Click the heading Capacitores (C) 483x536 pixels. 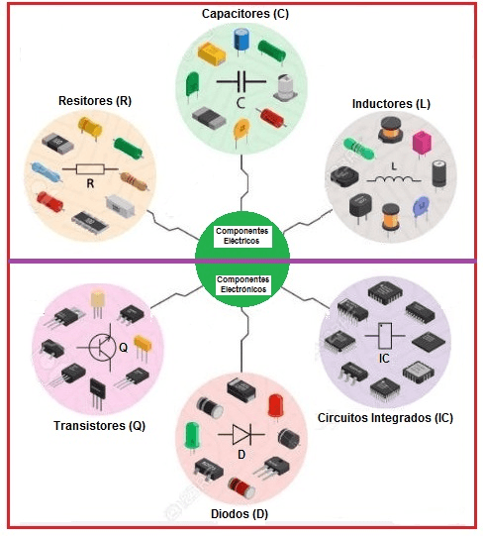245,14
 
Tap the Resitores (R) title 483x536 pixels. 95,101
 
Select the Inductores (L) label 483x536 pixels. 391,104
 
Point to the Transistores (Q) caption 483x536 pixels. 99,426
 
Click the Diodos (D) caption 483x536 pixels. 240,514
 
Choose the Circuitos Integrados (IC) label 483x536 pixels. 385,418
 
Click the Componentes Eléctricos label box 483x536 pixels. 241,236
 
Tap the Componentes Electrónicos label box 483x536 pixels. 243,284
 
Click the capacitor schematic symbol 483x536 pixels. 241,81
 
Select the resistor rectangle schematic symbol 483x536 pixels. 90,168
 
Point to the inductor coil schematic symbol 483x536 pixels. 394,179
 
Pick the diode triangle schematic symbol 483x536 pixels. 241,435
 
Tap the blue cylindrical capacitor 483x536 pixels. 241,41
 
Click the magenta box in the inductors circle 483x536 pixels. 422,144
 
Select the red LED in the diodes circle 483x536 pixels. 275,406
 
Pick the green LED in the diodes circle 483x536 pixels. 192,437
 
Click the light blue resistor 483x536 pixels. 46,172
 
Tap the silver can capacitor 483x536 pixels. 285,88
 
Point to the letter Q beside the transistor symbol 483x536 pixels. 123,348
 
